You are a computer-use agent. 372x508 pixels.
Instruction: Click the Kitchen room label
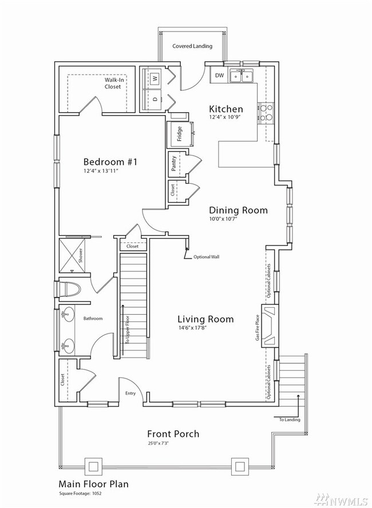[x=225, y=109]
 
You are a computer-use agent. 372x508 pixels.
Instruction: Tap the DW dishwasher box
[x=219, y=76]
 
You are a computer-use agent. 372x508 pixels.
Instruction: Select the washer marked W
[x=155, y=77]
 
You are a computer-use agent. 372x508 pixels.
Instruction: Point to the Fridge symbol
[x=180, y=136]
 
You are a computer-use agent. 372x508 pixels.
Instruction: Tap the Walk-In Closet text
[x=112, y=84]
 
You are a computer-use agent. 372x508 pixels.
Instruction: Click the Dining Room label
[x=238, y=210]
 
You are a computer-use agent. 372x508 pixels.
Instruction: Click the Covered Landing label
[x=192, y=46]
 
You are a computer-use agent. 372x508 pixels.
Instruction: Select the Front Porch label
[x=173, y=434]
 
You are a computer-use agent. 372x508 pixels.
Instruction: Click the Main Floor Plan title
[x=93, y=484]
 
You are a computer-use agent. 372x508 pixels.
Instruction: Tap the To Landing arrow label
[x=289, y=420]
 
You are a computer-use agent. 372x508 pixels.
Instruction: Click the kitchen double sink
[x=241, y=76]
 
